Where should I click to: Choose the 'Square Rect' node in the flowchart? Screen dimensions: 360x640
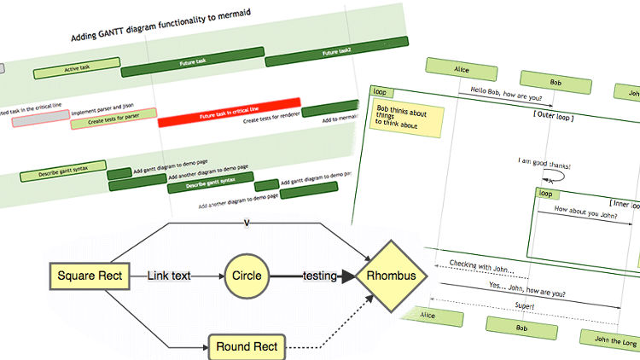[90, 276]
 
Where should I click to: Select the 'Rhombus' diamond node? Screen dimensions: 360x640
[398, 276]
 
